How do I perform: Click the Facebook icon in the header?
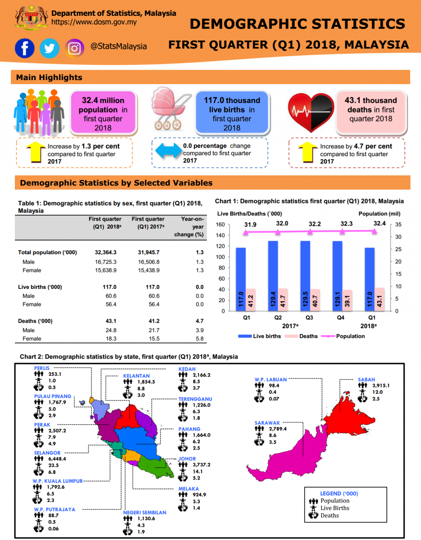(x=24, y=48)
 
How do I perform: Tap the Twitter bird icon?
(x=49, y=48)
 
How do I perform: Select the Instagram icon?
(x=75, y=48)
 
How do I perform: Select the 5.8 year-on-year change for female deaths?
(x=199, y=338)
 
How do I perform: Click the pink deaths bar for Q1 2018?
(x=380, y=299)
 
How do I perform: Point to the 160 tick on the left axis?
(x=220, y=225)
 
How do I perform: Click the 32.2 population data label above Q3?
(x=310, y=224)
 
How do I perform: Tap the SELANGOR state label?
(x=47, y=453)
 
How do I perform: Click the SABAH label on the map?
(x=366, y=379)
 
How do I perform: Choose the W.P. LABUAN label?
(x=270, y=379)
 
